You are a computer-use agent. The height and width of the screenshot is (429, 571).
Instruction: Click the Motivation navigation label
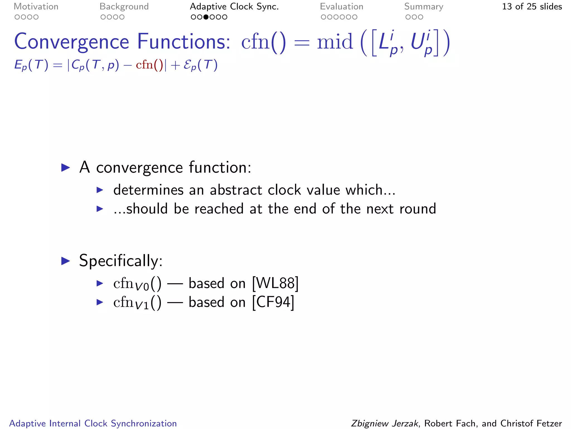[x=36, y=7]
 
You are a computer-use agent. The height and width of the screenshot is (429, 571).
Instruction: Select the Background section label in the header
[x=124, y=7]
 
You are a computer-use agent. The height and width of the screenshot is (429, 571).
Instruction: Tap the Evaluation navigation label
[x=342, y=7]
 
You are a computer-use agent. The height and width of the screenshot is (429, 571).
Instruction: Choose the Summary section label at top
[x=424, y=7]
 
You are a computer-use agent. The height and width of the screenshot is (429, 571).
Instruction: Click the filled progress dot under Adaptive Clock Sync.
[x=206, y=17]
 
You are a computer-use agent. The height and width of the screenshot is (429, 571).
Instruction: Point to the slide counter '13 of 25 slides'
[x=532, y=7]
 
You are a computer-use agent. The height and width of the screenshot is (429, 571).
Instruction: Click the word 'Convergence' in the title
[x=72, y=42]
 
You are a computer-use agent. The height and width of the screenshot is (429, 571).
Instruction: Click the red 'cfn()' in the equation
[x=149, y=65]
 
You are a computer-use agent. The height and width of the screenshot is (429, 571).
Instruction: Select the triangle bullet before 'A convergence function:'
[x=66, y=168]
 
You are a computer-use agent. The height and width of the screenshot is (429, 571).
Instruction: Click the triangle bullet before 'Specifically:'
[x=66, y=261]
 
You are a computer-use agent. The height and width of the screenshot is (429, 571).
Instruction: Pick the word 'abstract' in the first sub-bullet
[x=236, y=190]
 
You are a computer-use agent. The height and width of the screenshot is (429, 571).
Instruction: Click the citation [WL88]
[x=275, y=283]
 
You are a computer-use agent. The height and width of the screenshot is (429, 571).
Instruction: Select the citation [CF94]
[x=273, y=302]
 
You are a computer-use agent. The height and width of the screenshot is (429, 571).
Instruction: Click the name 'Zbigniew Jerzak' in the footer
[x=384, y=423]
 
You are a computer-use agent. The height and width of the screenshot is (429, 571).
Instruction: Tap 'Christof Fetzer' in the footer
[x=531, y=423]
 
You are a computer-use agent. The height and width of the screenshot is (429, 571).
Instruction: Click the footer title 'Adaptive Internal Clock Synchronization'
[x=93, y=423]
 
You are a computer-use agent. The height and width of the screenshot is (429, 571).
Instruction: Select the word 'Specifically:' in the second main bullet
[x=121, y=261]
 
